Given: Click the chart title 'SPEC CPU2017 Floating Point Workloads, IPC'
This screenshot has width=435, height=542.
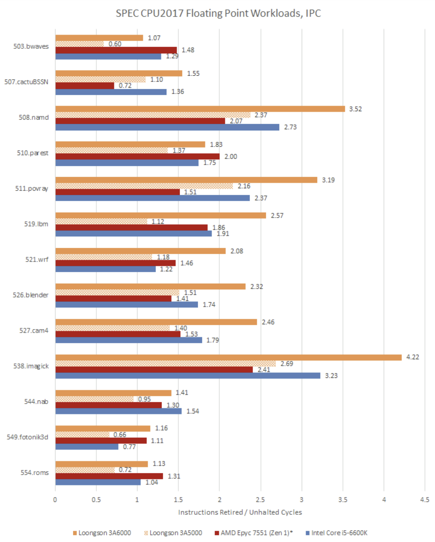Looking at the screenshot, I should [218, 13].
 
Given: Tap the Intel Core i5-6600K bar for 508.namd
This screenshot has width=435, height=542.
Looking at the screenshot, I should [167, 127].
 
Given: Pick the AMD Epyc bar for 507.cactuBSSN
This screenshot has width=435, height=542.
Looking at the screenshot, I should [85, 85].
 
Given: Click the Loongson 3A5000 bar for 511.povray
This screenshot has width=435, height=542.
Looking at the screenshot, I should [144, 186].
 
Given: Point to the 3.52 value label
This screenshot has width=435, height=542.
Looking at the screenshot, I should [355, 109].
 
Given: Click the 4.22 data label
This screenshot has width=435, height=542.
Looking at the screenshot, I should [413, 357].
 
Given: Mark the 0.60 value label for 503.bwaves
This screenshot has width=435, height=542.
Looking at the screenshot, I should [115, 44].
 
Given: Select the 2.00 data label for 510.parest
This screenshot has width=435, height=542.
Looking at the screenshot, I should [231, 157].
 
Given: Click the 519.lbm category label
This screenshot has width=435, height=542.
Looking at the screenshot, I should [36, 224].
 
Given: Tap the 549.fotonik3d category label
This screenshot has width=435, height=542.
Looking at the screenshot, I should [27, 437].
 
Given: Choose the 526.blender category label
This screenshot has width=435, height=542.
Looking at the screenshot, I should [30, 295].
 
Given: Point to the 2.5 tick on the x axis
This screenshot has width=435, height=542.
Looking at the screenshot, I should [260, 499].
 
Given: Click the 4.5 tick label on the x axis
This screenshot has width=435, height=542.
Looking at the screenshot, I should [425, 499].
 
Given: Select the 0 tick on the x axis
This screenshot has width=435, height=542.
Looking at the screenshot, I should [55, 499].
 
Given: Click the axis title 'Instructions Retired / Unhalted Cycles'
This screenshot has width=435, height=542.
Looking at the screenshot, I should [240, 512].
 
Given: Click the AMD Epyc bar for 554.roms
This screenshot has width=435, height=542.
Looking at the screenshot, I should [109, 476].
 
